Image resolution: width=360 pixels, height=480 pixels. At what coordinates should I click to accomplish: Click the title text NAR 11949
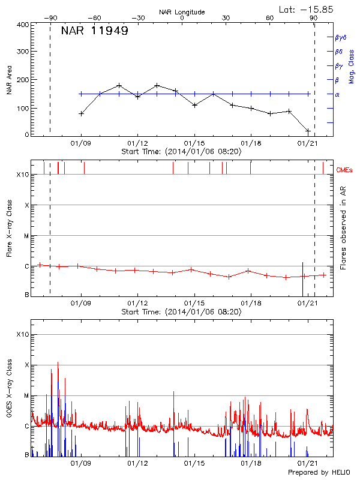(x=94, y=31)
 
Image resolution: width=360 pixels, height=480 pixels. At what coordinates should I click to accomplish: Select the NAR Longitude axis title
(x=182, y=12)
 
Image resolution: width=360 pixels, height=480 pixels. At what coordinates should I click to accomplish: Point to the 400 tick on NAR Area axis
(x=23, y=25)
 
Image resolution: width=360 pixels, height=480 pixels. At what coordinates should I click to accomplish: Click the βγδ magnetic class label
(x=341, y=37)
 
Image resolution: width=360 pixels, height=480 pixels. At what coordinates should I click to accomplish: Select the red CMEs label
(x=346, y=170)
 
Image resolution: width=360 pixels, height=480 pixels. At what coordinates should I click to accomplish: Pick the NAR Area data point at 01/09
(x=81, y=113)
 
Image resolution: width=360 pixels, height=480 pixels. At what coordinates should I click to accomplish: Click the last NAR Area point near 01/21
(x=308, y=131)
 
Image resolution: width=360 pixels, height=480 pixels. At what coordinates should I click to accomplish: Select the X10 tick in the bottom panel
(x=22, y=334)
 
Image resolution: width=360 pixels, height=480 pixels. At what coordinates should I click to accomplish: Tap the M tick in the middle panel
(x=26, y=236)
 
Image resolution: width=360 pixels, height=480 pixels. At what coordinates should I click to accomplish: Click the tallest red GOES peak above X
(x=58, y=363)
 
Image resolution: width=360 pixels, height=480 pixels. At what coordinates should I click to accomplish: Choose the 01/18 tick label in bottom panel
(x=250, y=463)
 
